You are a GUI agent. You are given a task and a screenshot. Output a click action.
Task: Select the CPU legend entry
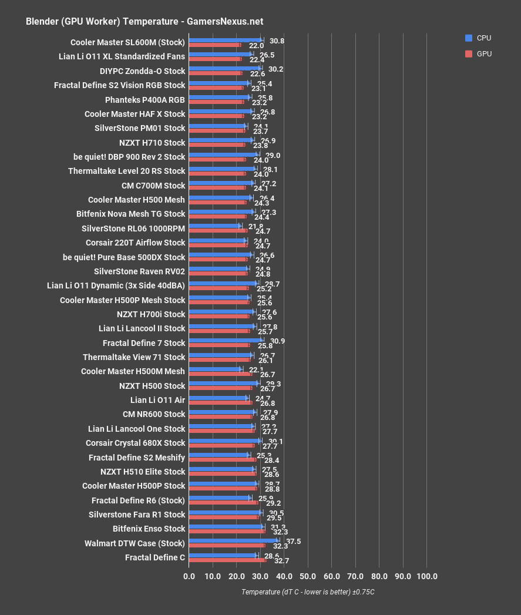pos(478,38)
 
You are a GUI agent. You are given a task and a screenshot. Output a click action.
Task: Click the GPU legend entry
pos(478,54)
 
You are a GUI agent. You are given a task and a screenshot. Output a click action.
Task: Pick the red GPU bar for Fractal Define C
pos(227,560)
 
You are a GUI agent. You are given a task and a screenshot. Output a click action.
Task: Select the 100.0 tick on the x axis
pos(426,576)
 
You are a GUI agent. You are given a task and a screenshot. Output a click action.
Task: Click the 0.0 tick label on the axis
pos(189,576)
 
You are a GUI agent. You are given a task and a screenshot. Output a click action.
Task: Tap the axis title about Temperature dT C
pos(308,592)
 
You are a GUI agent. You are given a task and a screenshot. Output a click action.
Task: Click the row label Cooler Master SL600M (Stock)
pos(127,42)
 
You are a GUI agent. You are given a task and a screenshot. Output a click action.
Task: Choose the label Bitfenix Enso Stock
pos(149,529)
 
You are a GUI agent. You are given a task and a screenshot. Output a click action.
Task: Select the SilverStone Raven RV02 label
pos(139,271)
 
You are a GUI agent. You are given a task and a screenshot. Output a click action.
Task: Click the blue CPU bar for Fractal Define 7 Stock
pos(226,340)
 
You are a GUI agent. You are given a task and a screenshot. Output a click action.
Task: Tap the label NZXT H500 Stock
pos(152,386)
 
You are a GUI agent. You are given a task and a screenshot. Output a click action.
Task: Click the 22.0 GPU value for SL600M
pos(256,46)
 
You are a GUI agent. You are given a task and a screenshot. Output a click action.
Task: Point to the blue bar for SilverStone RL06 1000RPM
pos(214,226)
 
